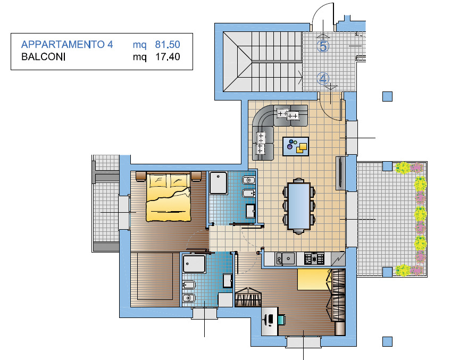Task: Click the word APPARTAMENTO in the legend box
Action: pyautogui.click(x=63, y=45)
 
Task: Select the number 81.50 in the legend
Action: pyautogui.click(x=168, y=45)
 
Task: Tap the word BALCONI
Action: pyautogui.click(x=44, y=57)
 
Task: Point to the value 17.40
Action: pyautogui.click(x=168, y=57)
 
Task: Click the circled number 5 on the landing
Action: pyautogui.click(x=323, y=46)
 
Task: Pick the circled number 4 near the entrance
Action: pyautogui.click(x=323, y=78)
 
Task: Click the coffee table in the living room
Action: pyautogui.click(x=296, y=146)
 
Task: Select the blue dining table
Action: pyautogui.click(x=299, y=206)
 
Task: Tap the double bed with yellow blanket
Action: pyautogui.click(x=169, y=197)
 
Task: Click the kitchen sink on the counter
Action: pyautogui.click(x=285, y=258)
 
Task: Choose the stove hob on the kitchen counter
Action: pyautogui.click(x=314, y=258)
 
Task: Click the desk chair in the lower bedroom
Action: pyautogui.click(x=281, y=320)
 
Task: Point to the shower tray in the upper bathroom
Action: pyautogui.click(x=219, y=183)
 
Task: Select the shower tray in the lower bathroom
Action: pyautogui.click(x=194, y=263)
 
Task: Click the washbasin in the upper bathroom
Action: pyautogui.click(x=250, y=211)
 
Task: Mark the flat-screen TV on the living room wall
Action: pyautogui.click(x=340, y=173)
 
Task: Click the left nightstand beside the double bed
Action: pyautogui.click(x=141, y=176)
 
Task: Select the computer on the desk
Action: pyautogui.click(x=270, y=319)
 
